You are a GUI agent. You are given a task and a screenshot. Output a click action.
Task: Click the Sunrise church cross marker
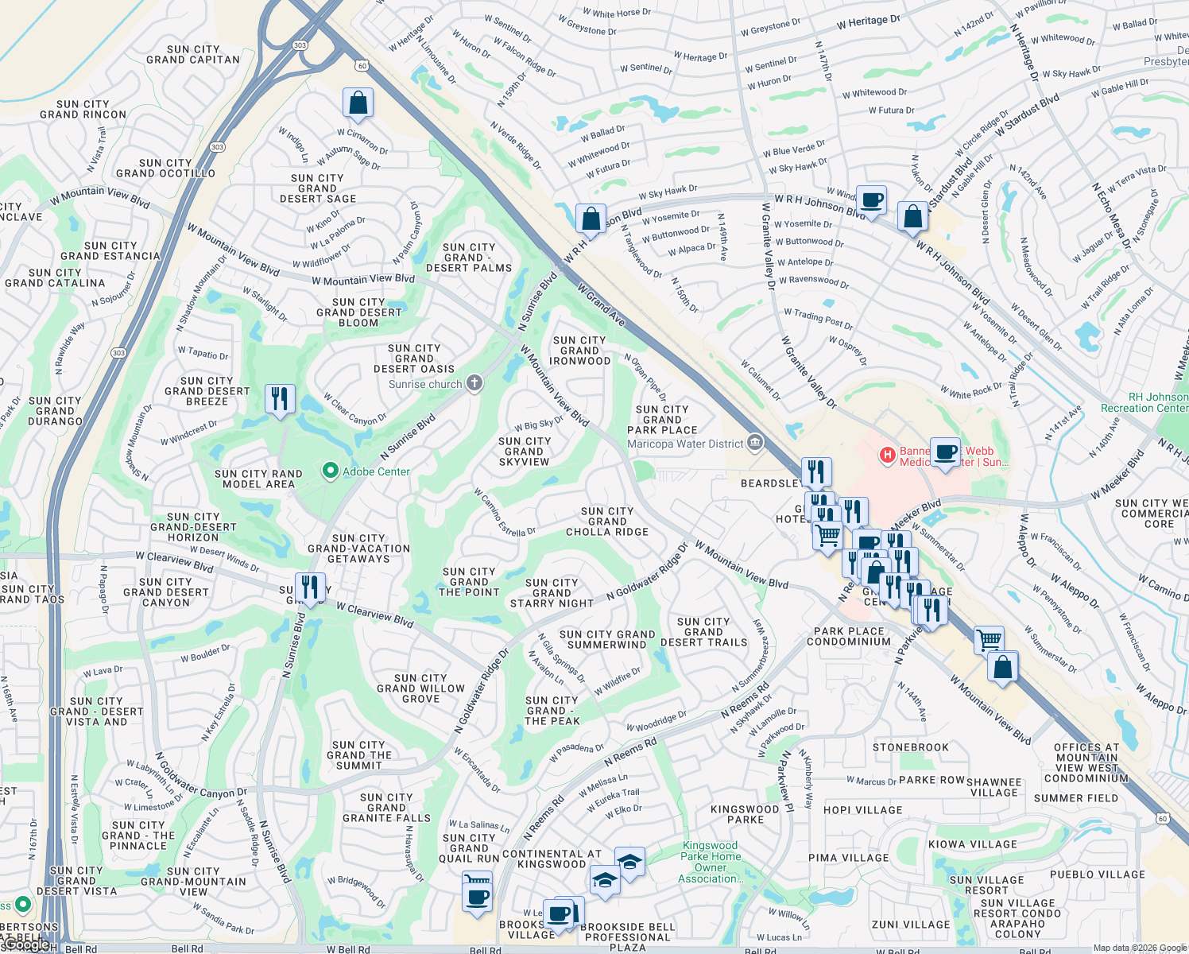click(474, 384)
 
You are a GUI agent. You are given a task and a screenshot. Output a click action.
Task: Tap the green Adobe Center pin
click(330, 471)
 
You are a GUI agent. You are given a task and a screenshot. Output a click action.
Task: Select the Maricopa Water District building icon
click(755, 443)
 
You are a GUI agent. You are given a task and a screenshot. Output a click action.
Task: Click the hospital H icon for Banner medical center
click(887, 456)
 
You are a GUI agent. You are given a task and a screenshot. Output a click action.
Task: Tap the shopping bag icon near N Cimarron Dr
click(358, 103)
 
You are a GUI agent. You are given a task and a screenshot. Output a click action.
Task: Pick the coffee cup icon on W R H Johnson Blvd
click(872, 200)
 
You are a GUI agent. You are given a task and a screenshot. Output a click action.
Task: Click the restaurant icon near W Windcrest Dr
click(280, 398)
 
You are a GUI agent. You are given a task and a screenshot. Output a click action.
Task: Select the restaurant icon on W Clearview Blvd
click(310, 588)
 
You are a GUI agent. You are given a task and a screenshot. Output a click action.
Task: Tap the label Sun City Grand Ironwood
click(580, 351)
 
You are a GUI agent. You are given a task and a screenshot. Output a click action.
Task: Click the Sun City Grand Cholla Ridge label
click(607, 522)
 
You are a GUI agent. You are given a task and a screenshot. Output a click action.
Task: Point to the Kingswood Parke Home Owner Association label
click(710, 863)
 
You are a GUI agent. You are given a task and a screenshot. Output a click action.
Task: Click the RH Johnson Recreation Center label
click(1144, 402)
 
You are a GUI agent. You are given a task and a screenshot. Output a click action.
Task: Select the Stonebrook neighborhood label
click(911, 747)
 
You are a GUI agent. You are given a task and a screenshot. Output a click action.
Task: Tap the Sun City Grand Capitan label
click(193, 54)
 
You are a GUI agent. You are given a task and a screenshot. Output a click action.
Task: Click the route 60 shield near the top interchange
click(362, 66)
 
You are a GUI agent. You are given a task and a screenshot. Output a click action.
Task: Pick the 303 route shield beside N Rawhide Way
click(118, 353)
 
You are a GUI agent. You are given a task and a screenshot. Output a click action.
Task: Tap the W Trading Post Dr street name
click(819, 319)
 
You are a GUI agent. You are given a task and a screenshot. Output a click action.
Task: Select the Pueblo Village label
click(1098, 874)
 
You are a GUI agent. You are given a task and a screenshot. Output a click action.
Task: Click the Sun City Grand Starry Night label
click(552, 593)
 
